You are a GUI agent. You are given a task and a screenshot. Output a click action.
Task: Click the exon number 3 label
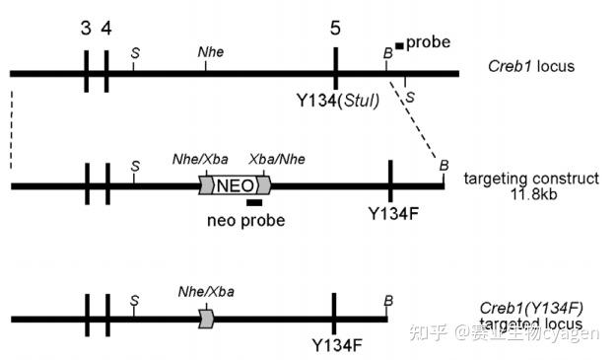(x=87, y=28)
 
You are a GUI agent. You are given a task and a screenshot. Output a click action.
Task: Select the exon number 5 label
(x=336, y=28)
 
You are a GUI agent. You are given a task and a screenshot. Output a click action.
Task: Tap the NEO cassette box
(x=236, y=184)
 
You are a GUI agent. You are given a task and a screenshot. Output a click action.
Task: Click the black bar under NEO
(x=254, y=203)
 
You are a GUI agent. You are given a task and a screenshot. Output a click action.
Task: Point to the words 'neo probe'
(x=246, y=221)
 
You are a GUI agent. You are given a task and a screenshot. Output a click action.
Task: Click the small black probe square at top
(x=399, y=44)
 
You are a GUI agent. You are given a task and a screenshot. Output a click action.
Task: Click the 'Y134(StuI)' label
(x=338, y=101)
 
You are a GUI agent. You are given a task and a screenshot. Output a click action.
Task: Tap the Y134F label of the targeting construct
(x=391, y=212)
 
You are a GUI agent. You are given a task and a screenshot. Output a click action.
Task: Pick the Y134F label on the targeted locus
(x=336, y=345)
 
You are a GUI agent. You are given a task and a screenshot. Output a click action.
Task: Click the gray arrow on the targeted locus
(x=206, y=318)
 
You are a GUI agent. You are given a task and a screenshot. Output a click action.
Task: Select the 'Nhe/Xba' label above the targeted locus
(x=207, y=291)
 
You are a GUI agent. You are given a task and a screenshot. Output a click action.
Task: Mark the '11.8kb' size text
(x=531, y=195)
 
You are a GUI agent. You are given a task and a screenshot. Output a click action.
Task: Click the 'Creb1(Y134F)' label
(x=532, y=309)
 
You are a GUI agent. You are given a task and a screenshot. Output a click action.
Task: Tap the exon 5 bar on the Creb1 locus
(x=336, y=72)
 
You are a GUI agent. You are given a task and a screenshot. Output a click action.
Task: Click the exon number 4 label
(x=105, y=28)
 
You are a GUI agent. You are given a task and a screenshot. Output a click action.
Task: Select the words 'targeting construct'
(x=531, y=179)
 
